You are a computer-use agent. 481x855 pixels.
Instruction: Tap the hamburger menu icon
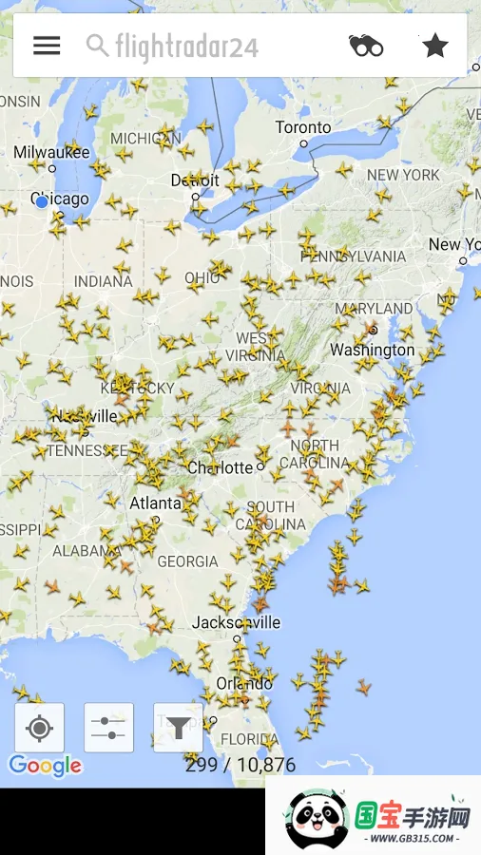click(47, 45)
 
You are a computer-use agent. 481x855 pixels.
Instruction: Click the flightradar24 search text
click(186, 46)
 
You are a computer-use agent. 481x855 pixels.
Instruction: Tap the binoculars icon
click(366, 45)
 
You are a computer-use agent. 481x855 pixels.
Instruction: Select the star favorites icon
click(434, 45)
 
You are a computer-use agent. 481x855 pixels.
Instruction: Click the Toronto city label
click(303, 127)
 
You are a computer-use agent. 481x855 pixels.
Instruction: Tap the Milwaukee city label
click(51, 152)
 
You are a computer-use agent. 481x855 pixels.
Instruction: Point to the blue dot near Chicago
click(42, 201)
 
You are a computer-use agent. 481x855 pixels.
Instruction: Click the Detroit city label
click(195, 180)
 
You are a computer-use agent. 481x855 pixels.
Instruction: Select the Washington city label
click(372, 350)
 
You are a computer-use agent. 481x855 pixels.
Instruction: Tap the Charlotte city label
click(221, 467)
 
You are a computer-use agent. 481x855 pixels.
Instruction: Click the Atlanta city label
click(155, 503)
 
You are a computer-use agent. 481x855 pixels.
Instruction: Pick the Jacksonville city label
click(236, 622)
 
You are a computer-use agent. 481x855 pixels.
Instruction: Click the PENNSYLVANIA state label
click(353, 256)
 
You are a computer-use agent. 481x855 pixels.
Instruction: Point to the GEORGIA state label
click(187, 561)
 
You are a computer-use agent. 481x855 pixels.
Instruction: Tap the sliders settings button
click(108, 728)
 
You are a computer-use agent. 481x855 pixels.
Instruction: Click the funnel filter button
click(178, 728)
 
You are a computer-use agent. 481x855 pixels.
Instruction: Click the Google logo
click(45, 765)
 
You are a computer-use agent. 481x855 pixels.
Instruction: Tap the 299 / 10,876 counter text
click(240, 765)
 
